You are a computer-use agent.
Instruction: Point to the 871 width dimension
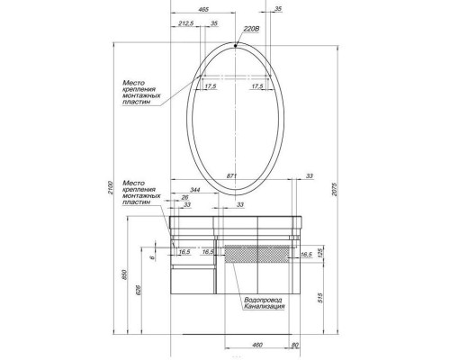click(233, 175)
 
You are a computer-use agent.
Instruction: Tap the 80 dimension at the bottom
click(294, 343)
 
